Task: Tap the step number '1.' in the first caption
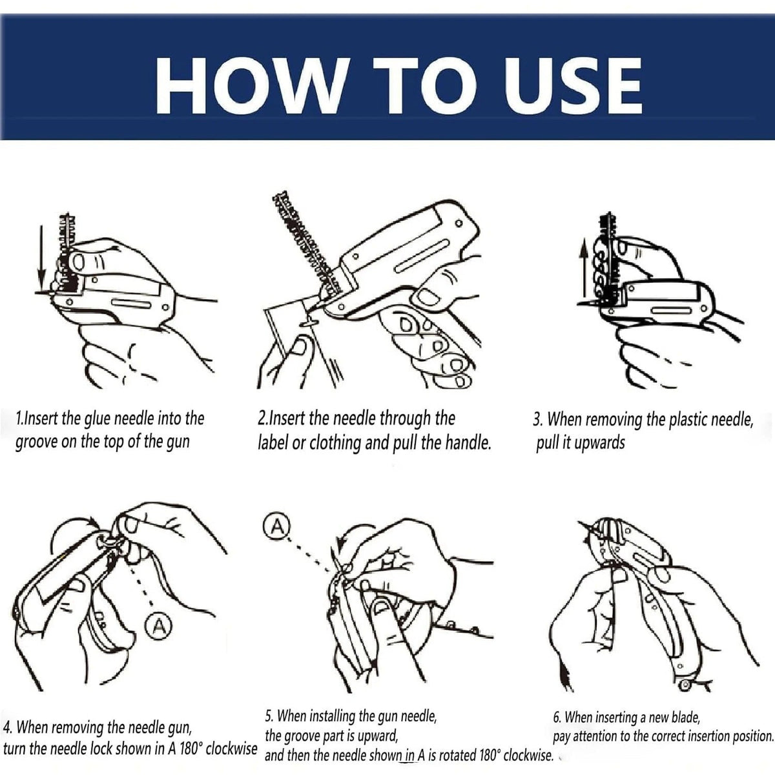point(19,418)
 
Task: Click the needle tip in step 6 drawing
point(581,523)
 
